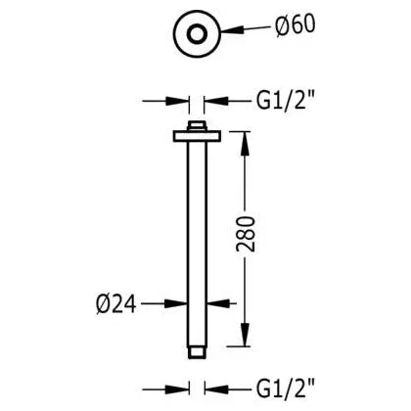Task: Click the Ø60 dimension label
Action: [x=295, y=25]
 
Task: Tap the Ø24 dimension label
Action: [x=116, y=304]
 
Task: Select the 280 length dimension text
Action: [x=246, y=233]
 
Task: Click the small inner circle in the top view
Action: [x=197, y=34]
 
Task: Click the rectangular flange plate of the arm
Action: [x=197, y=136]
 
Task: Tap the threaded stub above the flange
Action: [x=197, y=126]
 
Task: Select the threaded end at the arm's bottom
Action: [x=197, y=352]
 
